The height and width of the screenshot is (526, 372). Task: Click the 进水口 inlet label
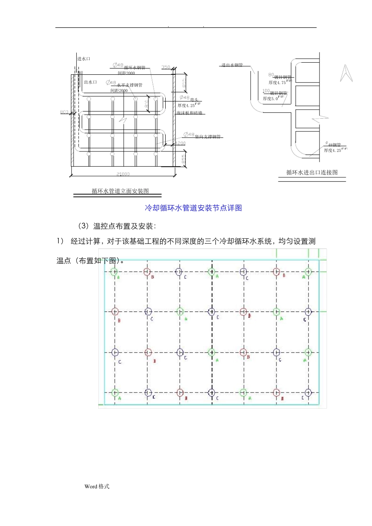click(x=83, y=59)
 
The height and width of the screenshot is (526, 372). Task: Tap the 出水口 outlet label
click(x=90, y=82)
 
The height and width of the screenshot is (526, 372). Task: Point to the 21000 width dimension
click(x=123, y=174)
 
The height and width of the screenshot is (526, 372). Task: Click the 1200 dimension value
click(x=180, y=144)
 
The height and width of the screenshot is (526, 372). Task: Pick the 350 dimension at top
click(x=166, y=67)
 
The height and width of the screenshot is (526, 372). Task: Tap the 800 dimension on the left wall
click(x=64, y=112)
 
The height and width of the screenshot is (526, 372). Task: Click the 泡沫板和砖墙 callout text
click(x=190, y=113)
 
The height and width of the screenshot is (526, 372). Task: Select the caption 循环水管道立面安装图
click(x=120, y=191)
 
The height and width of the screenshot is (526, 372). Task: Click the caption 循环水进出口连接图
click(x=312, y=172)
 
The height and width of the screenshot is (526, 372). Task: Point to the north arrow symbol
click(x=346, y=73)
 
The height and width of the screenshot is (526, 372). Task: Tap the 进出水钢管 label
click(x=232, y=65)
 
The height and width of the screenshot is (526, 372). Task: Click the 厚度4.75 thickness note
click(x=277, y=83)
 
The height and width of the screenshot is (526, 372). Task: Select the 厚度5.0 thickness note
click(x=271, y=99)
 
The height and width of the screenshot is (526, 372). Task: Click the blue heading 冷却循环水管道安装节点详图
click(x=193, y=208)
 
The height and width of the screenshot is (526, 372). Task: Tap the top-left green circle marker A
click(x=114, y=272)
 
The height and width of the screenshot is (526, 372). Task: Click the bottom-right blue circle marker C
click(x=308, y=392)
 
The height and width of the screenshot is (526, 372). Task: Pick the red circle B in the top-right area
click(x=276, y=272)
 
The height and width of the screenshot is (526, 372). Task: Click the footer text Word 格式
click(x=97, y=486)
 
